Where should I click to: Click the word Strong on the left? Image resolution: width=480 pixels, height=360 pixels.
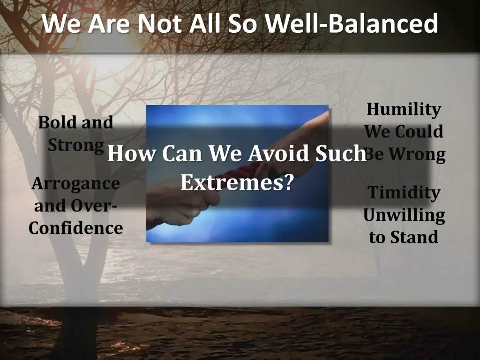click(75, 145)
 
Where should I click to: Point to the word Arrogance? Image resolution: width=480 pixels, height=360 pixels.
click(75, 183)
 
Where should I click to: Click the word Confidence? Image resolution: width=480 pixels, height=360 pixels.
click(75, 228)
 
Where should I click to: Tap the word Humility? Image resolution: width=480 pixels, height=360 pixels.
click(404, 109)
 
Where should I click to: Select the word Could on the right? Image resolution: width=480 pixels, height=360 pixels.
click(419, 132)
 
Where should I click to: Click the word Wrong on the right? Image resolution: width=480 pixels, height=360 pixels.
click(416, 154)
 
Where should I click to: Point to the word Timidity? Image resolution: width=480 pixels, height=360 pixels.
click(404, 192)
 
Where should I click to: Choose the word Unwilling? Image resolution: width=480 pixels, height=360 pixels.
click(404, 215)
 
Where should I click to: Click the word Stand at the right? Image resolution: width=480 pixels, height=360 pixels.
click(412, 237)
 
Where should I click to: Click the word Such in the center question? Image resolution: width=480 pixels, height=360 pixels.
click(343, 154)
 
